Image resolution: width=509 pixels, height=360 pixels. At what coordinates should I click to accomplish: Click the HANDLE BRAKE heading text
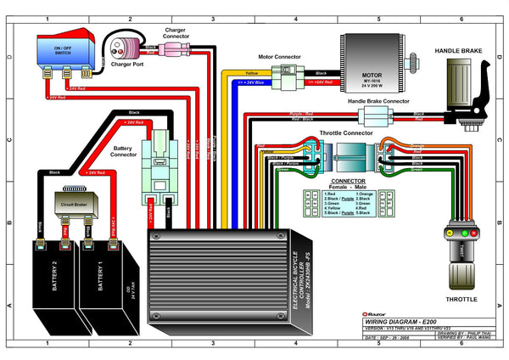click(459, 52)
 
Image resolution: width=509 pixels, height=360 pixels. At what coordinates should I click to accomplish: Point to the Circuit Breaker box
click(76, 205)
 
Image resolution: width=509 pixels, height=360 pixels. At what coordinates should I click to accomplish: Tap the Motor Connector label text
click(279, 58)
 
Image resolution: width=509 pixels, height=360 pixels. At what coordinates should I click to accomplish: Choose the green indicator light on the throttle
click(450, 231)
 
